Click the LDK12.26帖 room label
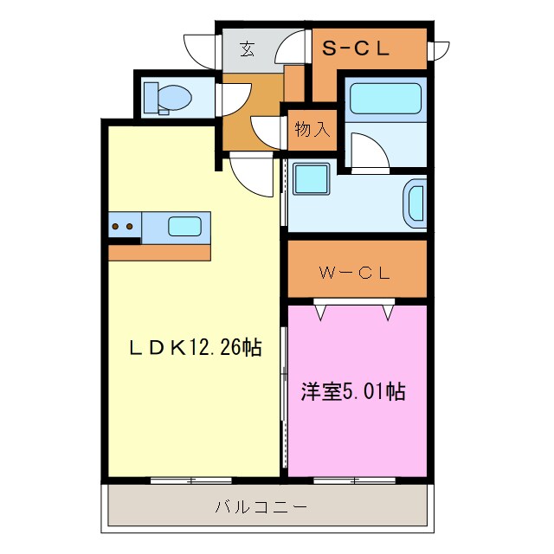click(x=196, y=348)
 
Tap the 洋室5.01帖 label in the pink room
click(x=353, y=390)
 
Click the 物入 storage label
click(x=312, y=130)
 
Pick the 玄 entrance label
click(x=247, y=50)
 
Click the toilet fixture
click(x=165, y=96)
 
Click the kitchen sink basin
click(x=184, y=227)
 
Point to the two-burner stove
click(x=123, y=228)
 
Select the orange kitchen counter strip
click(x=159, y=252)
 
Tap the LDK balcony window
click(x=191, y=479)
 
